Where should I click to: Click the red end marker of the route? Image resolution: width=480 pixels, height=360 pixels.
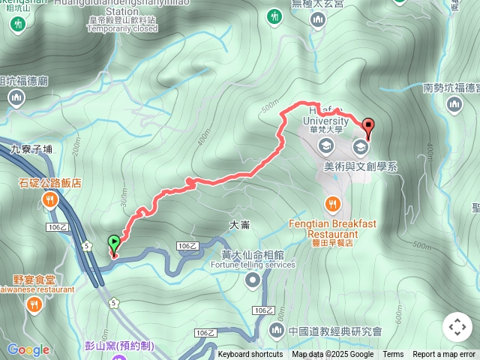pyautogui.click(x=368, y=127)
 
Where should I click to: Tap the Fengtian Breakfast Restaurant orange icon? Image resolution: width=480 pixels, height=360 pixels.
pyautogui.click(x=334, y=204)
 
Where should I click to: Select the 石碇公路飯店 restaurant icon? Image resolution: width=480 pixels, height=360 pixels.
pyautogui.click(x=50, y=199)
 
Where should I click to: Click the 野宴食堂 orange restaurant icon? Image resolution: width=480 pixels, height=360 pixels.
pyautogui.click(x=34, y=304)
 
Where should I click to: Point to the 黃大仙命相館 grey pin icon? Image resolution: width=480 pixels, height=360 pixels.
pyautogui.click(x=253, y=280)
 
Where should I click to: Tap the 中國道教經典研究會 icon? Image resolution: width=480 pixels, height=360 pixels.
pyautogui.click(x=276, y=331)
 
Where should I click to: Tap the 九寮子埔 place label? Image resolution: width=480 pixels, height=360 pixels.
pyautogui.click(x=31, y=148)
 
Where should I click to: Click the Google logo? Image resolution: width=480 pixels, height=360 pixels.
pyautogui.click(x=28, y=349)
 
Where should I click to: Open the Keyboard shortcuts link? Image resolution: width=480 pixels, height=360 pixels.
pyautogui.click(x=250, y=355)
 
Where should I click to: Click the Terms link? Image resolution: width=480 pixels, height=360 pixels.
pyautogui.click(x=393, y=355)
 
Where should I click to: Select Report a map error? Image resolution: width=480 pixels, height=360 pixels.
pyautogui.click(x=445, y=355)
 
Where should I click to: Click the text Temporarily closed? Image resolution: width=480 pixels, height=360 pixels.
pyautogui.click(x=122, y=28)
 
